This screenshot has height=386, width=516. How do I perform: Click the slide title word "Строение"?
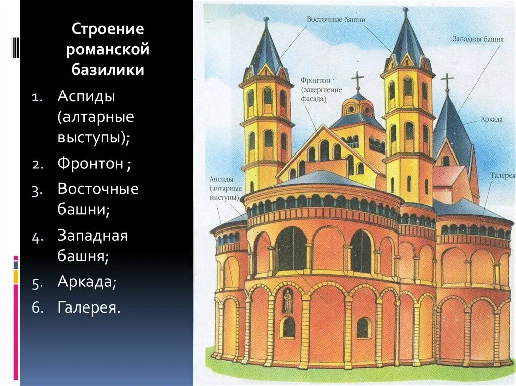click(x=108, y=29)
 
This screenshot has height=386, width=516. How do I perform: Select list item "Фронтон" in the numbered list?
click(x=91, y=164)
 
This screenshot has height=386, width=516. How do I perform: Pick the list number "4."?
click(x=39, y=237)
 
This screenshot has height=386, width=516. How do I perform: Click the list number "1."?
click(x=39, y=97)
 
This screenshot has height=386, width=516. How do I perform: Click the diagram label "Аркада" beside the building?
click(x=491, y=119)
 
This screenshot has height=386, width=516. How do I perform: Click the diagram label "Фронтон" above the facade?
click(x=315, y=80)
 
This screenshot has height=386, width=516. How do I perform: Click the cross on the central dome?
click(x=357, y=80)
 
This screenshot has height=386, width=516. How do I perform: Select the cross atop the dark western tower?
click(x=446, y=82)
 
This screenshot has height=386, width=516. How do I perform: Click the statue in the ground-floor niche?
click(x=288, y=301)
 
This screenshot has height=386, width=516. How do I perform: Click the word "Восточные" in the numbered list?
click(x=98, y=189)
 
